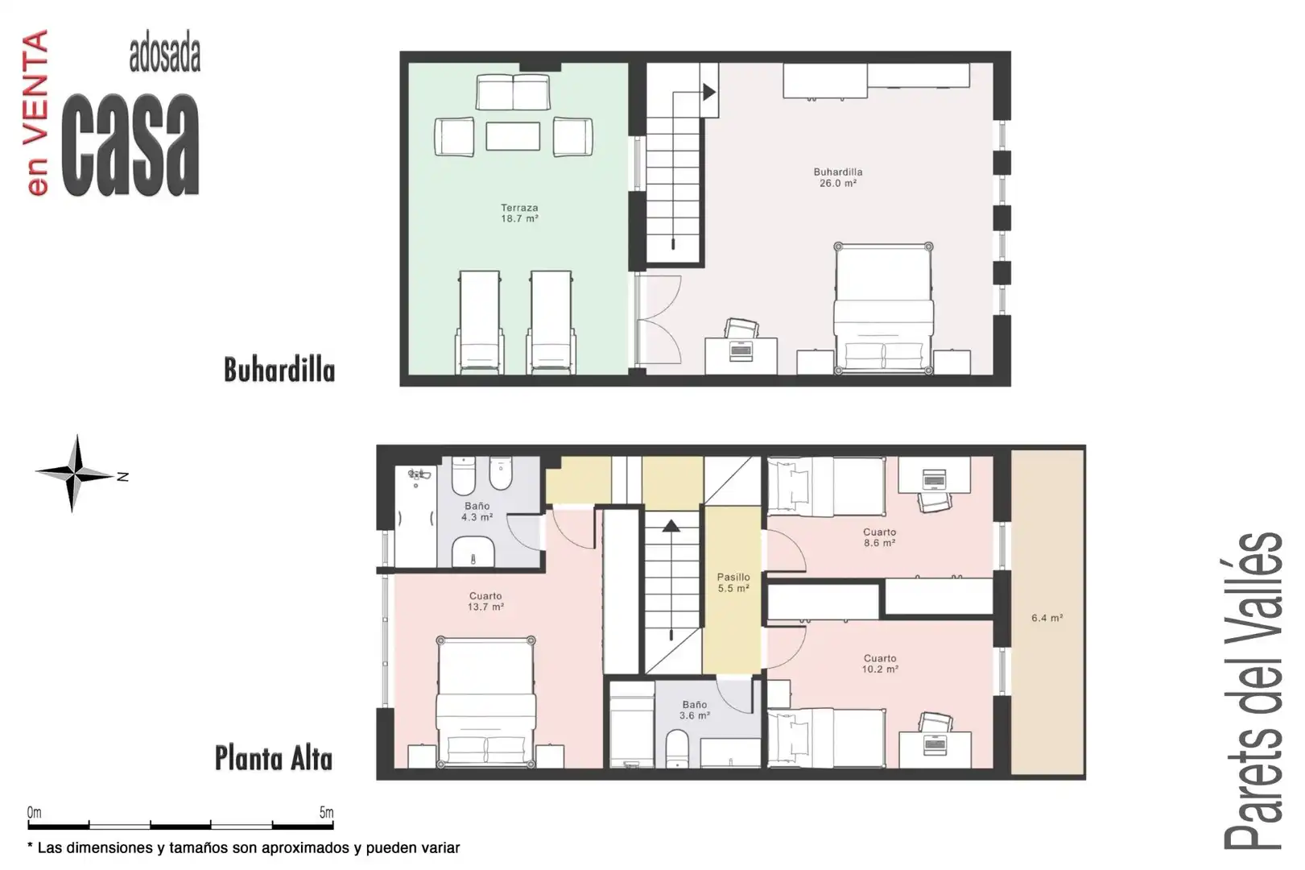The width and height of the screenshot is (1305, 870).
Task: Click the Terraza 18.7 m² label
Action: click(519, 213)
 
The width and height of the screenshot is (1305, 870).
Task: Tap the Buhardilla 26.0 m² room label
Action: click(838, 177)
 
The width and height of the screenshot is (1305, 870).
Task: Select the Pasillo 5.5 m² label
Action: click(733, 582)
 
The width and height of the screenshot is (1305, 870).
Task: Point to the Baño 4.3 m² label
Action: click(477, 512)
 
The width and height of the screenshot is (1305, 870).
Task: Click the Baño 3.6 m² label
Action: click(695, 710)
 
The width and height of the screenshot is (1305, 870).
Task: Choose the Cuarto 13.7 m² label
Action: click(485, 601)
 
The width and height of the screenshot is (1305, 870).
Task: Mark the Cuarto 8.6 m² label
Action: click(879, 537)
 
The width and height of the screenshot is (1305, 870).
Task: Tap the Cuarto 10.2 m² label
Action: click(880, 664)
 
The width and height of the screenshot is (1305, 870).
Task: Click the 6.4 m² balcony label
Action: click(1047, 618)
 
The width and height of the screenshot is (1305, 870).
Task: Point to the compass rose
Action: click(76, 474)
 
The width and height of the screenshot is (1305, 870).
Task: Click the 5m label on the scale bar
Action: click(326, 812)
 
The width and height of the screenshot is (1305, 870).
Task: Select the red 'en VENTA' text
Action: click(37, 113)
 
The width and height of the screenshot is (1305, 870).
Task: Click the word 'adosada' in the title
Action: click(165, 56)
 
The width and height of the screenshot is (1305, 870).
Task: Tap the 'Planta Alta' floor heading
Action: click(274, 759)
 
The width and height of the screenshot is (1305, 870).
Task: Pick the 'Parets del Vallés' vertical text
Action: click(1253, 691)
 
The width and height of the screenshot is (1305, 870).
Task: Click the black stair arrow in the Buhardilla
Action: click(709, 92)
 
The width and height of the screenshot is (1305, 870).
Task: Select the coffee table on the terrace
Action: click(513, 136)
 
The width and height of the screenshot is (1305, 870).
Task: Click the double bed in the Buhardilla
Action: click(883, 309)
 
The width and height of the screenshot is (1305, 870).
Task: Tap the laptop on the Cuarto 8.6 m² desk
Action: click(935, 479)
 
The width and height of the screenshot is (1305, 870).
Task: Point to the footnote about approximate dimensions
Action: click(243, 847)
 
